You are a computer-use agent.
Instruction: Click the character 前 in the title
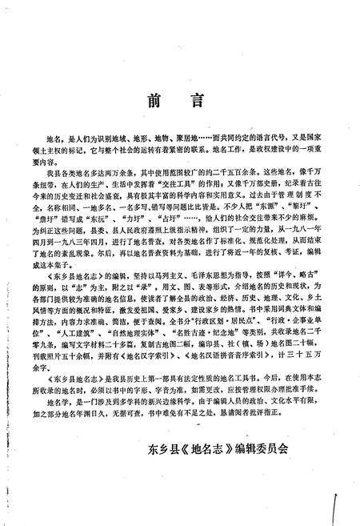tap(157, 102)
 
